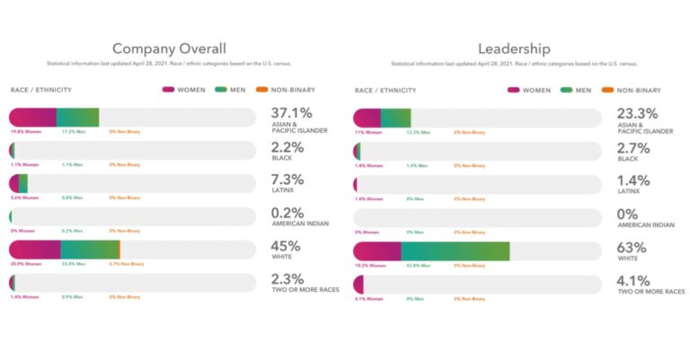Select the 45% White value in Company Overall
pyautogui.click(x=286, y=246)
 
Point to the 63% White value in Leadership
pyautogui.click(x=631, y=246)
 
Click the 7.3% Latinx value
pyautogui.click(x=287, y=180)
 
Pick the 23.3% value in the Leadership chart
pyautogui.click(x=636, y=113)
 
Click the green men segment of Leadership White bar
pyautogui.click(x=455, y=250)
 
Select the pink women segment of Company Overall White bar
pyautogui.click(x=35, y=250)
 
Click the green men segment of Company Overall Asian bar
pyautogui.click(x=77, y=118)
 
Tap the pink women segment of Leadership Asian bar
pyautogui.click(x=367, y=118)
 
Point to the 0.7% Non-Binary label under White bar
pyautogui.click(x=126, y=265)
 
